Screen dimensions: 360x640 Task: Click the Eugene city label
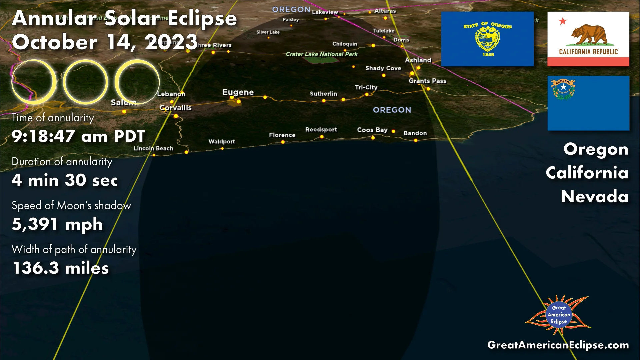pos(238,92)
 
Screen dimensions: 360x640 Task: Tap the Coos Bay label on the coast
pos(372,130)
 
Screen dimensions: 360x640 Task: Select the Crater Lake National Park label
pos(321,54)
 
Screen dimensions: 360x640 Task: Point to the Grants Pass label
pos(427,81)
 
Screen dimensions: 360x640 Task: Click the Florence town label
pos(282,135)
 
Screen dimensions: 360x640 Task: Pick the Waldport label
pos(222,141)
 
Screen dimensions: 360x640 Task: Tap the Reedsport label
pos(321,129)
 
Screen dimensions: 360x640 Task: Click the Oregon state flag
pos(487,39)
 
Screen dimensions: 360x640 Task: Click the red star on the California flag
pos(563,21)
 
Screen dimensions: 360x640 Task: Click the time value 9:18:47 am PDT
pos(78,136)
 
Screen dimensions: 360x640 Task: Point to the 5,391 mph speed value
pos(57,224)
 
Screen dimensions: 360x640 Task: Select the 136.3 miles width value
pos(61,268)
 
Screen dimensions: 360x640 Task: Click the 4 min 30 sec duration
pos(65,180)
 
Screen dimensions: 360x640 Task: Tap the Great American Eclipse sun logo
pos(559,315)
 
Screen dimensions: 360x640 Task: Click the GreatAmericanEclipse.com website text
pos(558,345)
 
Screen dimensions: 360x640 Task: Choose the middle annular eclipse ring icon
pos(85,82)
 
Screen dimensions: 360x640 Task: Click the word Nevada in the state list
pos(594,196)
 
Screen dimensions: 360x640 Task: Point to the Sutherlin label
pos(323,94)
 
